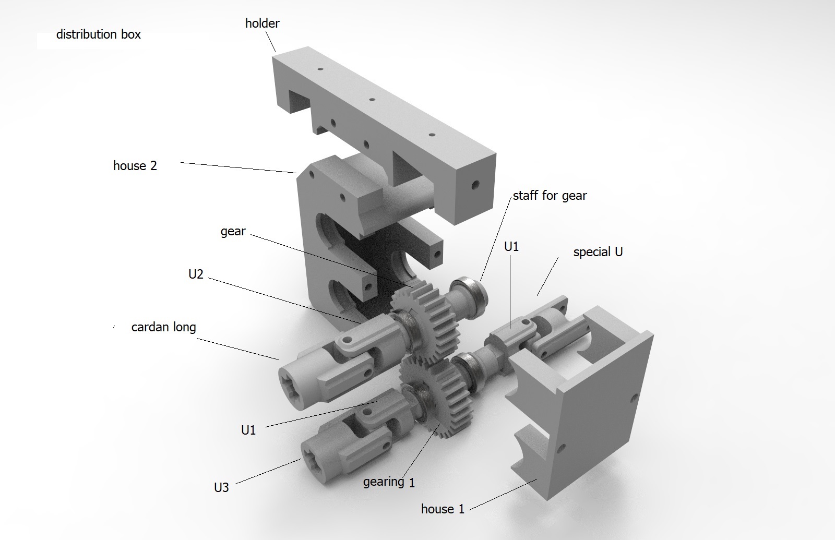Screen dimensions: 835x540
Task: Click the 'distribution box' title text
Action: coord(99,34)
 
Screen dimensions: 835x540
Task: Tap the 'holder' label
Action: coord(262,23)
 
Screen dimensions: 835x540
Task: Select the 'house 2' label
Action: coord(135,165)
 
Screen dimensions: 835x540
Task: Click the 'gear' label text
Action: coord(233,232)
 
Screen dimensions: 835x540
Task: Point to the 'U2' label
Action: coord(196,274)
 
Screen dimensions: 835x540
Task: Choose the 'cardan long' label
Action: coord(163,327)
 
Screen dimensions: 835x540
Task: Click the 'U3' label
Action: coord(221,487)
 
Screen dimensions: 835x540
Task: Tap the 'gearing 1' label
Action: coord(389,482)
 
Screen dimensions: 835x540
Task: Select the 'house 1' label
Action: coord(443,509)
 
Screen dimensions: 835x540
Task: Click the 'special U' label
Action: coord(598,253)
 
